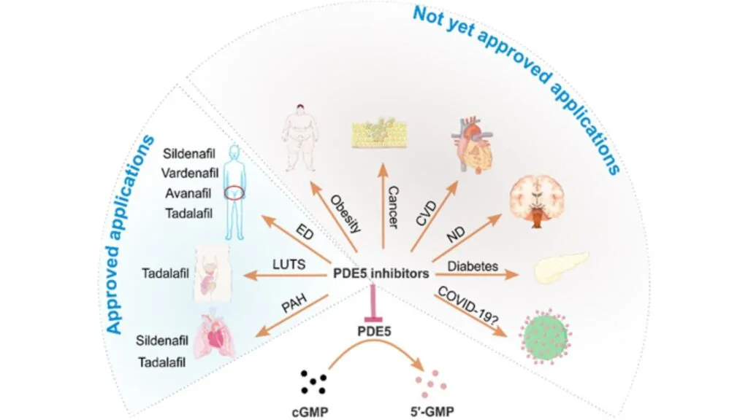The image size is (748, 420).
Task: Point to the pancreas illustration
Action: click(x=560, y=268)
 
